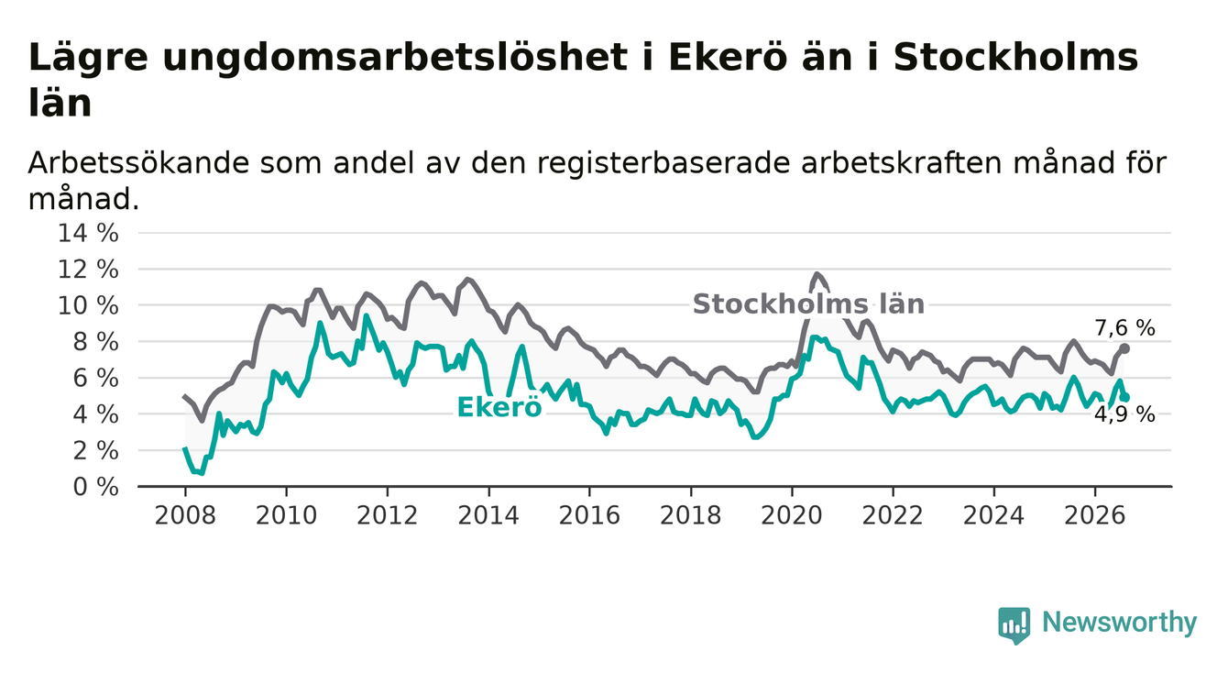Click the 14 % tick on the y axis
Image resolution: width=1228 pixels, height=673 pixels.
[x=88, y=233]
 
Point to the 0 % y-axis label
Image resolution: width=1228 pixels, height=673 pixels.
[x=96, y=487]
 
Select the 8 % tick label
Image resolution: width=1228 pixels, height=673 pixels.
[x=96, y=342]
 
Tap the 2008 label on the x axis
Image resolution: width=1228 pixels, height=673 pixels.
[x=185, y=516]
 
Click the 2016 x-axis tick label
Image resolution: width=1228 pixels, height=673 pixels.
[x=589, y=516]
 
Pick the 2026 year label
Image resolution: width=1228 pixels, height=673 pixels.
[x=1095, y=516]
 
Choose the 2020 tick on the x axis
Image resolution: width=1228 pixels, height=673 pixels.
[x=792, y=516]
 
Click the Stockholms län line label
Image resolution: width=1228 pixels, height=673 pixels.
[x=808, y=303]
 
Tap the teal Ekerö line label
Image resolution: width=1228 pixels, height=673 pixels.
[x=499, y=407]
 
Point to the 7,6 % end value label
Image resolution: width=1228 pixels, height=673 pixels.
[x=1125, y=328]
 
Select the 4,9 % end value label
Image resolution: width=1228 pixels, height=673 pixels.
[x=1125, y=415]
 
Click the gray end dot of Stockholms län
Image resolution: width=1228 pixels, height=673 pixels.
[x=1124, y=348]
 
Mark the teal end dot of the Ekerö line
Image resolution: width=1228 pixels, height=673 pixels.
[x=1125, y=398]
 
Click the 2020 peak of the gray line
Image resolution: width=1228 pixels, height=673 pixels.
[x=817, y=274]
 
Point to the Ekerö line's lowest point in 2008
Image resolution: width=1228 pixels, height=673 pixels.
[x=202, y=473]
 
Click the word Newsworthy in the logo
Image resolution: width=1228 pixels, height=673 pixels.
[x=1120, y=622]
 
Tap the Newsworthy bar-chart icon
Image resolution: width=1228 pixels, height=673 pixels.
[x=1014, y=625]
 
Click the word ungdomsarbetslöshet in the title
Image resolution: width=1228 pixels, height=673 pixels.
[x=395, y=58]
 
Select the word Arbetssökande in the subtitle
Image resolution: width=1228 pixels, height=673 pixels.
[x=139, y=163]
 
